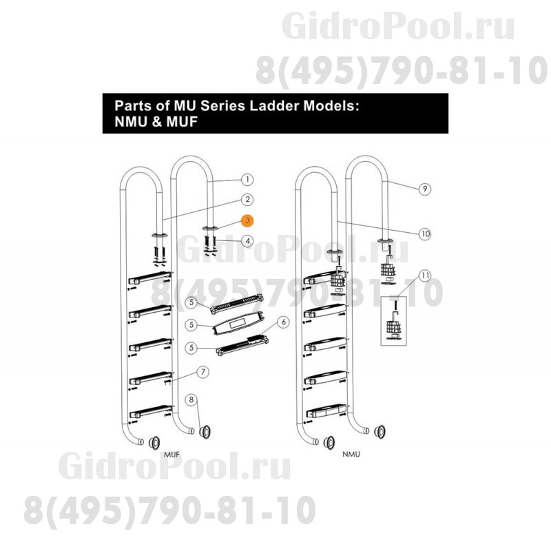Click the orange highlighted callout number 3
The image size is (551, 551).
pyautogui.click(x=248, y=220)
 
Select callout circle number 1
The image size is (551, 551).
pyautogui.click(x=247, y=180)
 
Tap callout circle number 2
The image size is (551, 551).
pyautogui.click(x=247, y=200)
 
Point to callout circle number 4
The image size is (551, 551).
pyautogui.click(x=248, y=241)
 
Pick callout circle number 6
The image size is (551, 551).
pyautogui.click(x=284, y=322)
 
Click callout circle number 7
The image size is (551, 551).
pyautogui.click(x=202, y=372)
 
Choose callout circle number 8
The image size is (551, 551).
pyautogui.click(x=191, y=399)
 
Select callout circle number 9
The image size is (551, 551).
pyautogui.click(x=425, y=189)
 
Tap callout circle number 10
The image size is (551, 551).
pyautogui.click(x=425, y=233)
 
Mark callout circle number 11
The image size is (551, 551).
pyautogui.click(x=425, y=275)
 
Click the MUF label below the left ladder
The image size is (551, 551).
pyautogui.click(x=171, y=455)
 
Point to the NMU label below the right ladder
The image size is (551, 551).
pyautogui.click(x=351, y=454)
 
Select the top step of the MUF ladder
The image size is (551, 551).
pyautogui.click(x=150, y=278)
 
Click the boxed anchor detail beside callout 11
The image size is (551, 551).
pyautogui.click(x=393, y=321)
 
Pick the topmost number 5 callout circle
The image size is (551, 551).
pyautogui.click(x=191, y=302)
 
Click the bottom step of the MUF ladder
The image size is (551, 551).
pyautogui.click(x=150, y=412)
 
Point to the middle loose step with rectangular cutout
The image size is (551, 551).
pyautogui.click(x=237, y=323)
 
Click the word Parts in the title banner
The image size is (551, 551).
pyautogui.click(x=132, y=105)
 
